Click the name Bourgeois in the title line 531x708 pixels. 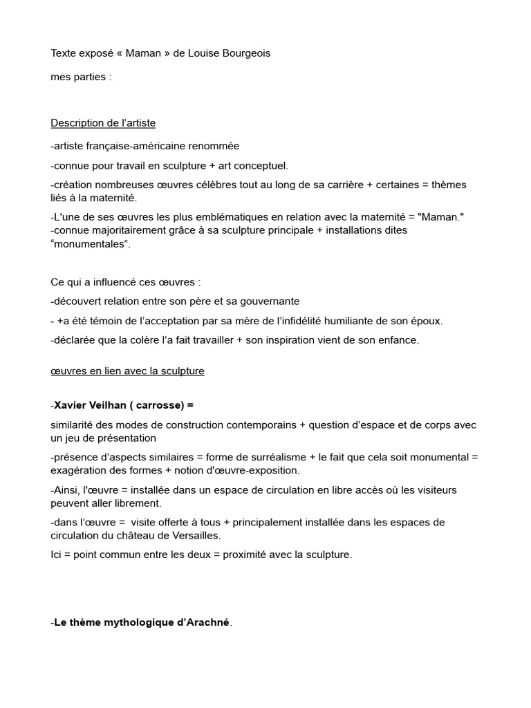pos(245,53)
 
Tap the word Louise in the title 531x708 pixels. pos(203,53)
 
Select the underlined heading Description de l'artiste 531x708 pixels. pos(103,123)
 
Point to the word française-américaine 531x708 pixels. pos(138,146)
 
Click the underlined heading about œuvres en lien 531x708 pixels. pos(127,371)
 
